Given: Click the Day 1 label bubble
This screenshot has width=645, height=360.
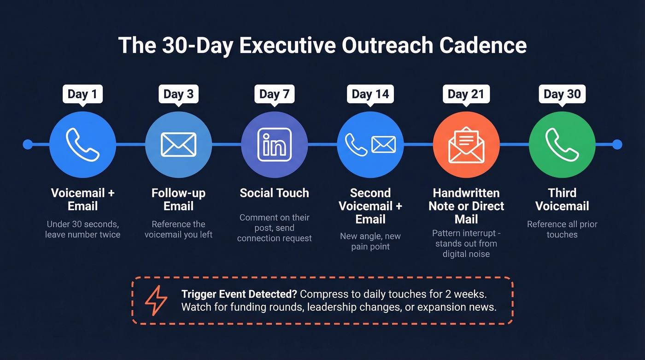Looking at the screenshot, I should pyautogui.click(x=82, y=94).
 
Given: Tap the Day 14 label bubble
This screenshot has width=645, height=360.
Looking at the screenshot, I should pyautogui.click(x=370, y=94).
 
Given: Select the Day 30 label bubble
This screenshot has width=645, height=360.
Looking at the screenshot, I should pyautogui.click(x=562, y=94).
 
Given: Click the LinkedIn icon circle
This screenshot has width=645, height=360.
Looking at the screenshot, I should pyautogui.click(x=275, y=144).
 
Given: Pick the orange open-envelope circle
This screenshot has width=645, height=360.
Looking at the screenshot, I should pyautogui.click(x=466, y=144).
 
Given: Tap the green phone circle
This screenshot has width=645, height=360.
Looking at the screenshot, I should pyautogui.click(x=562, y=144).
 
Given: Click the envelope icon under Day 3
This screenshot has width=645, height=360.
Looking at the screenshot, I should pyautogui.click(x=179, y=144).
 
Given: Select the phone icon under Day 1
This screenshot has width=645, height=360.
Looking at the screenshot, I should pyautogui.click(x=82, y=144).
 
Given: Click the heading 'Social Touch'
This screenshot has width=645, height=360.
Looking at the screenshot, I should pyautogui.click(x=275, y=193).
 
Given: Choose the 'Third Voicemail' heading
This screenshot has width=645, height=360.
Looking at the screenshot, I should pyautogui.click(x=562, y=199).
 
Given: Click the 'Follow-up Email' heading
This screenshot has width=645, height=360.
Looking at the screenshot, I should pyautogui.click(x=179, y=199).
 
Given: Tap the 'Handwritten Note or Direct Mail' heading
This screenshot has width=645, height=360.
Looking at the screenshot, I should pyautogui.click(x=466, y=206).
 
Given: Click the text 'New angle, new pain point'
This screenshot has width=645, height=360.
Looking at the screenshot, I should pyautogui.click(x=370, y=242).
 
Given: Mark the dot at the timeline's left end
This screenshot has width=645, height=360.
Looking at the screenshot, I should pyautogui.click(x=28, y=144).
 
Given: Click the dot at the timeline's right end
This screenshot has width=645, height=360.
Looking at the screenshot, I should pyautogui.click(x=617, y=144).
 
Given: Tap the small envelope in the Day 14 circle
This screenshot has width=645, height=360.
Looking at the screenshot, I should pyautogui.click(x=383, y=144).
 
